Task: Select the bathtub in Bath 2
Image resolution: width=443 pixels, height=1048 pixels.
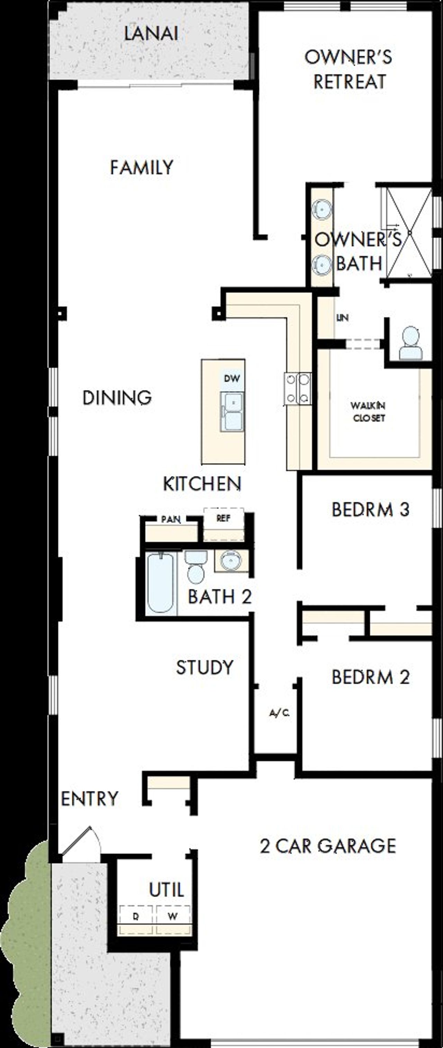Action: tap(161, 583)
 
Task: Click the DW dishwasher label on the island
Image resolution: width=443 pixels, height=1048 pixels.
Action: tap(232, 379)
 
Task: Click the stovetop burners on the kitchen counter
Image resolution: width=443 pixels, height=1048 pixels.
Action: tap(298, 389)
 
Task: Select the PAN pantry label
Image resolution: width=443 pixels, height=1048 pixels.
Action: tap(171, 520)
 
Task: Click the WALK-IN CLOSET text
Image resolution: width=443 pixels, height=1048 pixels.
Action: tap(369, 412)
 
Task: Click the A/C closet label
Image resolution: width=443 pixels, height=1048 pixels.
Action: tap(279, 713)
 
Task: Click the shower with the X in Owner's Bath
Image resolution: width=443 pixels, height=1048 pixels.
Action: tap(409, 232)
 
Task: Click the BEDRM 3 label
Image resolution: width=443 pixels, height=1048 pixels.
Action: tap(370, 509)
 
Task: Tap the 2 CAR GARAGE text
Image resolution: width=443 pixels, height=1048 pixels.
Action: tap(328, 846)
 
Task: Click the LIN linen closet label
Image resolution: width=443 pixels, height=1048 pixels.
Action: tap(343, 318)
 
